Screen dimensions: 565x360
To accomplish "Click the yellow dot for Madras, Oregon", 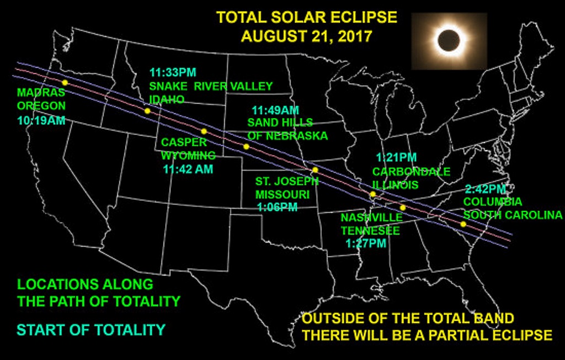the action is (x=65, y=83).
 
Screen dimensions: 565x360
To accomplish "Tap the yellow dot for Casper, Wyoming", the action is (x=204, y=131).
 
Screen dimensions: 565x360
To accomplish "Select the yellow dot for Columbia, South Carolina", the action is (x=463, y=224).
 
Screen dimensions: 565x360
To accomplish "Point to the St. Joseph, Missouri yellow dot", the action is (x=315, y=170).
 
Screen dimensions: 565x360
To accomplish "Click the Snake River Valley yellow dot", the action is (x=147, y=111).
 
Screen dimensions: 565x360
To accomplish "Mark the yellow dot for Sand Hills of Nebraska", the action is (x=246, y=147).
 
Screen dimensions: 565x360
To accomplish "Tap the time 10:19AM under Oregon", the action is (x=41, y=120).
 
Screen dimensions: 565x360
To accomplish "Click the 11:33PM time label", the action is (x=173, y=72).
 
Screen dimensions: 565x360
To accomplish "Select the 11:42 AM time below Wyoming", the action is (x=188, y=169).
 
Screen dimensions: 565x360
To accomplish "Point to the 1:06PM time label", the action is (x=278, y=208).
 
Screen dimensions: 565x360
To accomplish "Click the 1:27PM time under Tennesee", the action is (x=366, y=243).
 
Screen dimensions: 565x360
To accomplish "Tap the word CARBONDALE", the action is (x=411, y=172).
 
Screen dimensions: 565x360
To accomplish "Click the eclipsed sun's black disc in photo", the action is (x=449, y=40).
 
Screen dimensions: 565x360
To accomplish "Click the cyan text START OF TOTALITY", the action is (x=91, y=330).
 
